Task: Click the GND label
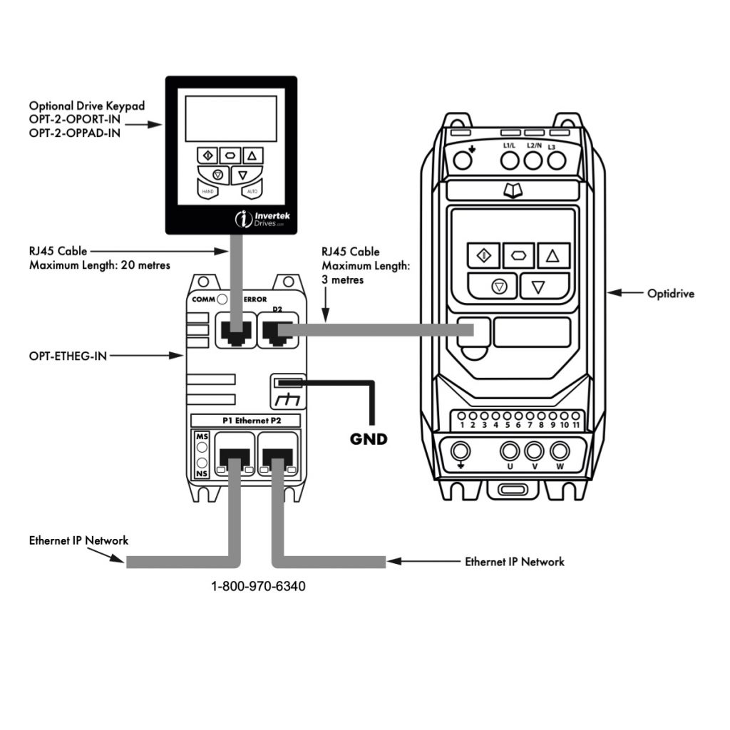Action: [x=369, y=439]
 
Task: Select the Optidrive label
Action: [x=670, y=293]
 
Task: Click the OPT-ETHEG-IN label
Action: [x=68, y=354]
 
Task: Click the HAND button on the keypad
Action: [x=208, y=191]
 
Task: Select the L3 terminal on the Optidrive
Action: [x=557, y=160]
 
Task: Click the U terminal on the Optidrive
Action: [x=509, y=452]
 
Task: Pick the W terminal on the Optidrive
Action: [x=560, y=452]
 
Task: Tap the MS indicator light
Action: [x=202, y=447]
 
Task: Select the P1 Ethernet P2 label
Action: [x=247, y=421]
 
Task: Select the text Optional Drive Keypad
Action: [x=87, y=106]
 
